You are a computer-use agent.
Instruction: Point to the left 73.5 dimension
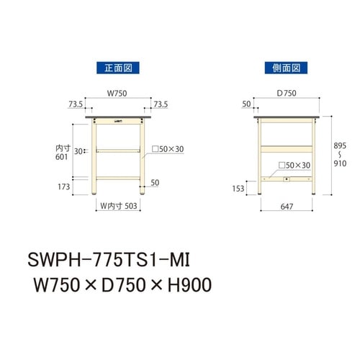point(75,104)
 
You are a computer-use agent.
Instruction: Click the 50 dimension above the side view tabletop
point(247,104)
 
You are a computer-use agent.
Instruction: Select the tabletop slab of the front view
point(117,117)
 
